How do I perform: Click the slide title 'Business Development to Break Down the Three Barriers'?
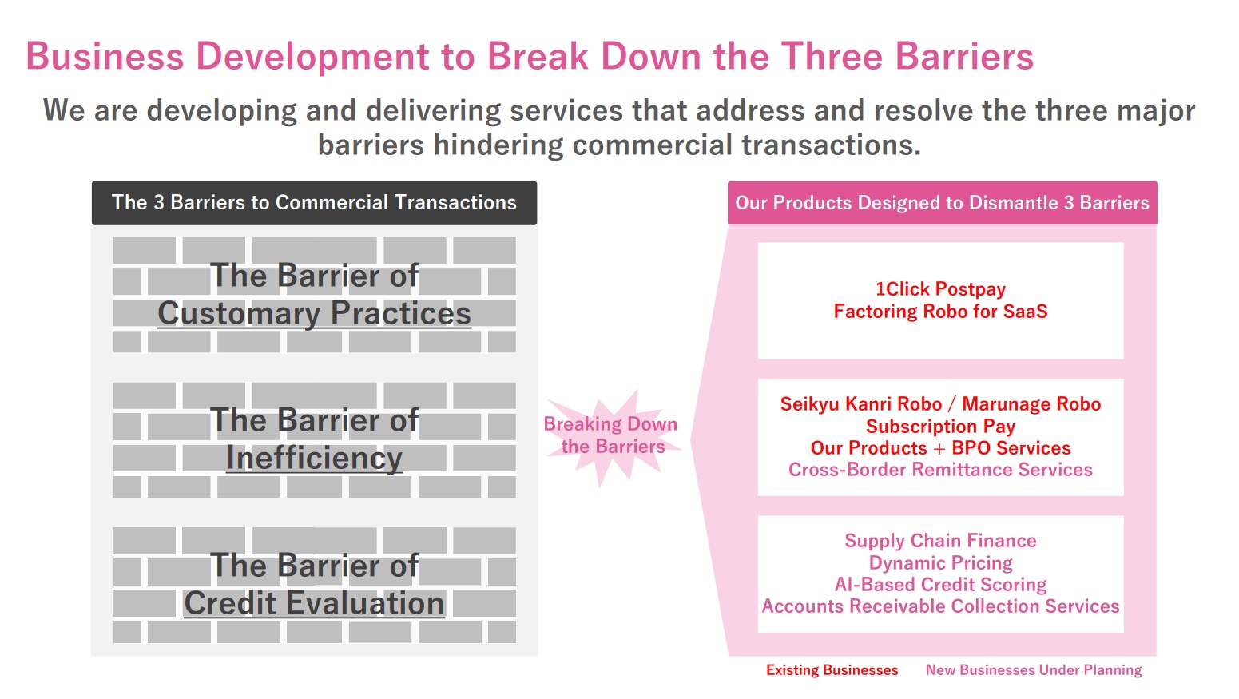pos(530,56)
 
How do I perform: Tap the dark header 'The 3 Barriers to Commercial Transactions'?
pos(314,202)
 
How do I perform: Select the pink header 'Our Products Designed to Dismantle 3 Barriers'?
pos(942,202)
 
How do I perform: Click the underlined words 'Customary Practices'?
pos(314,313)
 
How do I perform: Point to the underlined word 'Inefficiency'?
pos(314,458)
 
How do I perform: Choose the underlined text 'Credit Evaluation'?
pos(314,603)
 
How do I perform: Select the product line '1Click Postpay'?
pos(940,288)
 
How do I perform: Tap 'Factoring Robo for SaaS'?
pos(940,311)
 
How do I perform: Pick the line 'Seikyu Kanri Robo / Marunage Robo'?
pos(940,403)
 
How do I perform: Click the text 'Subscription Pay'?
pos(940,426)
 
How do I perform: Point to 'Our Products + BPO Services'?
pos(940,447)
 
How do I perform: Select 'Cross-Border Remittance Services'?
pos(940,470)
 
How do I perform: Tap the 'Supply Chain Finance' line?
pos(940,540)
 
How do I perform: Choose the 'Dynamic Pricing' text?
pos(940,562)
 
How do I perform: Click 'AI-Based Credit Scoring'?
pos(940,584)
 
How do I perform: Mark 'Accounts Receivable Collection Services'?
pos(940,606)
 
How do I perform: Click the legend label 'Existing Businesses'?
pos(832,669)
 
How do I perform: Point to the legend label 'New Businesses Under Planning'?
pos(1034,669)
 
